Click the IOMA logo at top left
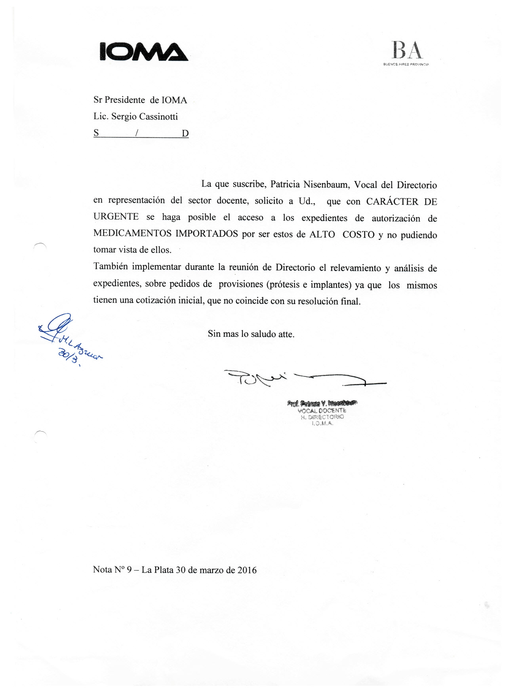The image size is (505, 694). (143, 52)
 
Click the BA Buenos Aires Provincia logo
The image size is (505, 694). (407, 53)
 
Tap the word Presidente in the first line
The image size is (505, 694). (125, 100)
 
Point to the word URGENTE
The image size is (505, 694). (116, 217)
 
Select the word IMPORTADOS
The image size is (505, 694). (206, 234)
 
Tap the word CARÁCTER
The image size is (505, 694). (392, 202)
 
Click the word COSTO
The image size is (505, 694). (358, 234)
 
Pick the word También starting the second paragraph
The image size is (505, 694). (111, 266)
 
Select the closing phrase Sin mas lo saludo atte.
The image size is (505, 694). (251, 334)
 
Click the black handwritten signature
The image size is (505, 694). (301, 378)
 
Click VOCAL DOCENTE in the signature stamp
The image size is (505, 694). (322, 411)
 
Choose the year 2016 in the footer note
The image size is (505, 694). (247, 570)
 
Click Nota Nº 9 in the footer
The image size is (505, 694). (112, 570)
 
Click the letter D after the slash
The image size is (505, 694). (185, 133)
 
